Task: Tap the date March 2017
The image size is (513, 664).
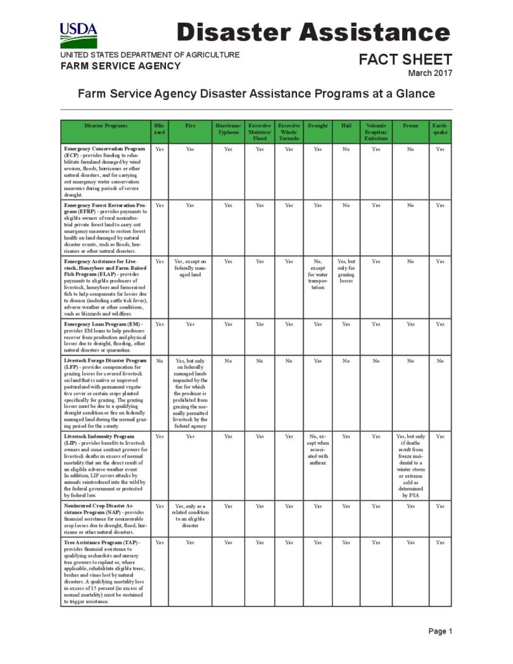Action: click(430, 73)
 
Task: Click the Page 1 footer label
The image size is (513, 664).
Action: click(440, 631)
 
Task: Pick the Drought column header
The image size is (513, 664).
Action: click(318, 125)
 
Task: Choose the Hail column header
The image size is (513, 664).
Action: click(346, 125)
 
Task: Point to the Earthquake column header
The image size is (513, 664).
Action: click(440, 128)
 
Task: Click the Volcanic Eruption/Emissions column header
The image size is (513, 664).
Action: click(376, 132)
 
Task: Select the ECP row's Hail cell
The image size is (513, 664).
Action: click(346, 149)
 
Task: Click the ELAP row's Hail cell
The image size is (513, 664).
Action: click(346, 272)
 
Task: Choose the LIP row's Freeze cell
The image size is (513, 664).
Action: click(411, 466)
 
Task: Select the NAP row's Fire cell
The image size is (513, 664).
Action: click(190, 516)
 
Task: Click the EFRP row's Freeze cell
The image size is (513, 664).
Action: click(411, 206)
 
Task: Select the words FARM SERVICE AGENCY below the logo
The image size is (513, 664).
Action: click(121, 66)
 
